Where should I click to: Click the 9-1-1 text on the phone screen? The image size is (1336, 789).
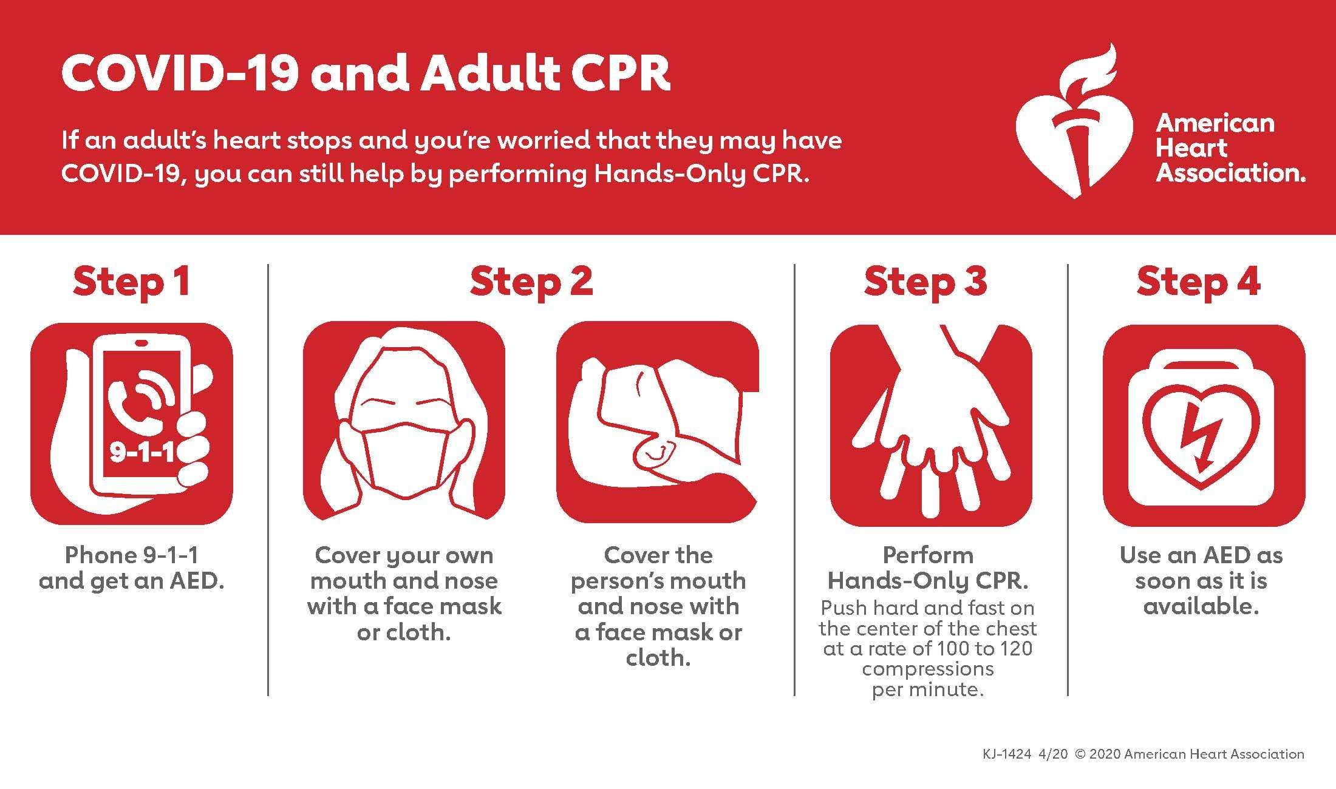141,452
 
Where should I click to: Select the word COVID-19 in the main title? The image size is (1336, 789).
180,73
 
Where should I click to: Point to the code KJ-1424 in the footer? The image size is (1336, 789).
1006,754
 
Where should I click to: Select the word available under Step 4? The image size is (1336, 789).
1201,606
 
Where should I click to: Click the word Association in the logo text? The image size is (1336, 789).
1229,174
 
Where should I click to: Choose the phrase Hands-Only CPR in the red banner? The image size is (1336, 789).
701,174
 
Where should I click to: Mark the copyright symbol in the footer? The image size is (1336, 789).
1080,754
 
